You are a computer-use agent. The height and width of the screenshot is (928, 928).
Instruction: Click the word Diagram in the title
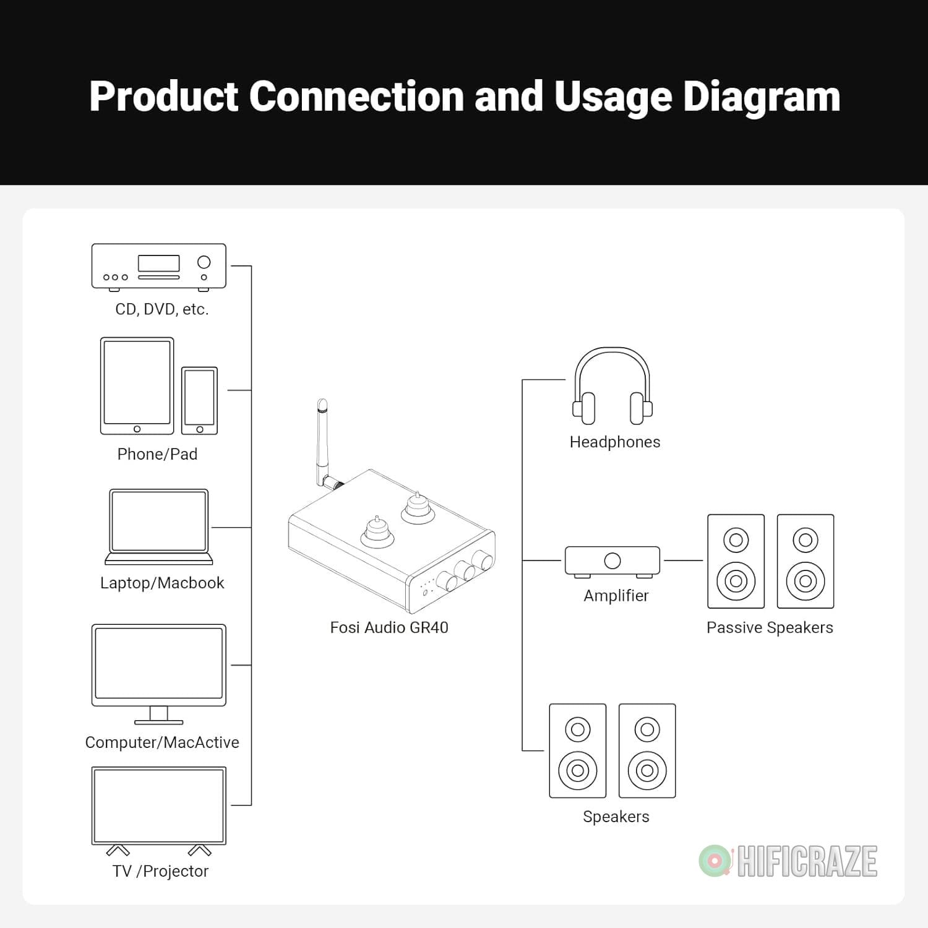[762, 97]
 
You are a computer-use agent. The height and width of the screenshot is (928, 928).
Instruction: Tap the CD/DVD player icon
[159, 267]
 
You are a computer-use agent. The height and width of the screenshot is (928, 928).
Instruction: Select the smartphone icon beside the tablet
[199, 401]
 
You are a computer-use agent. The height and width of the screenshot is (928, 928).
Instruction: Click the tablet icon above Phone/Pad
[137, 386]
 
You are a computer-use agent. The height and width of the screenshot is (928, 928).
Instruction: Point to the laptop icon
[159, 526]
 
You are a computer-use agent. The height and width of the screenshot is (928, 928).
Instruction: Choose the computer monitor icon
[159, 674]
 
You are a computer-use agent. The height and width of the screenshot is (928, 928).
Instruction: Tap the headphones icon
[612, 385]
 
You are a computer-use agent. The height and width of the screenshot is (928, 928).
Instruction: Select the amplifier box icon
[612, 562]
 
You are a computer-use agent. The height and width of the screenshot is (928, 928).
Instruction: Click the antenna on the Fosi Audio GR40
[324, 441]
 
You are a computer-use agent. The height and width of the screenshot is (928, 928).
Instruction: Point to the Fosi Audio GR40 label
[389, 627]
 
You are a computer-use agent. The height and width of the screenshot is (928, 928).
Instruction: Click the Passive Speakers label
[770, 627]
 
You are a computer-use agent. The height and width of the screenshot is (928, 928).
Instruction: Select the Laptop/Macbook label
[162, 583]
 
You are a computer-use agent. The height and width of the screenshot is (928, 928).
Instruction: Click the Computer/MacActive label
[162, 742]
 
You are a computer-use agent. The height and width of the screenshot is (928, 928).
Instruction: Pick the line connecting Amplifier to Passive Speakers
[684, 561]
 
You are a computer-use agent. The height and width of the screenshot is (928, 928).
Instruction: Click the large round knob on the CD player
[204, 262]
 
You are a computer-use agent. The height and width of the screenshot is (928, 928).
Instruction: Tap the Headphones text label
[615, 442]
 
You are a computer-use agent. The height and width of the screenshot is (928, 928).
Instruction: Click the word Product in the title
[164, 97]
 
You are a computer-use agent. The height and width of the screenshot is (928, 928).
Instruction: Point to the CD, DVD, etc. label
[162, 309]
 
